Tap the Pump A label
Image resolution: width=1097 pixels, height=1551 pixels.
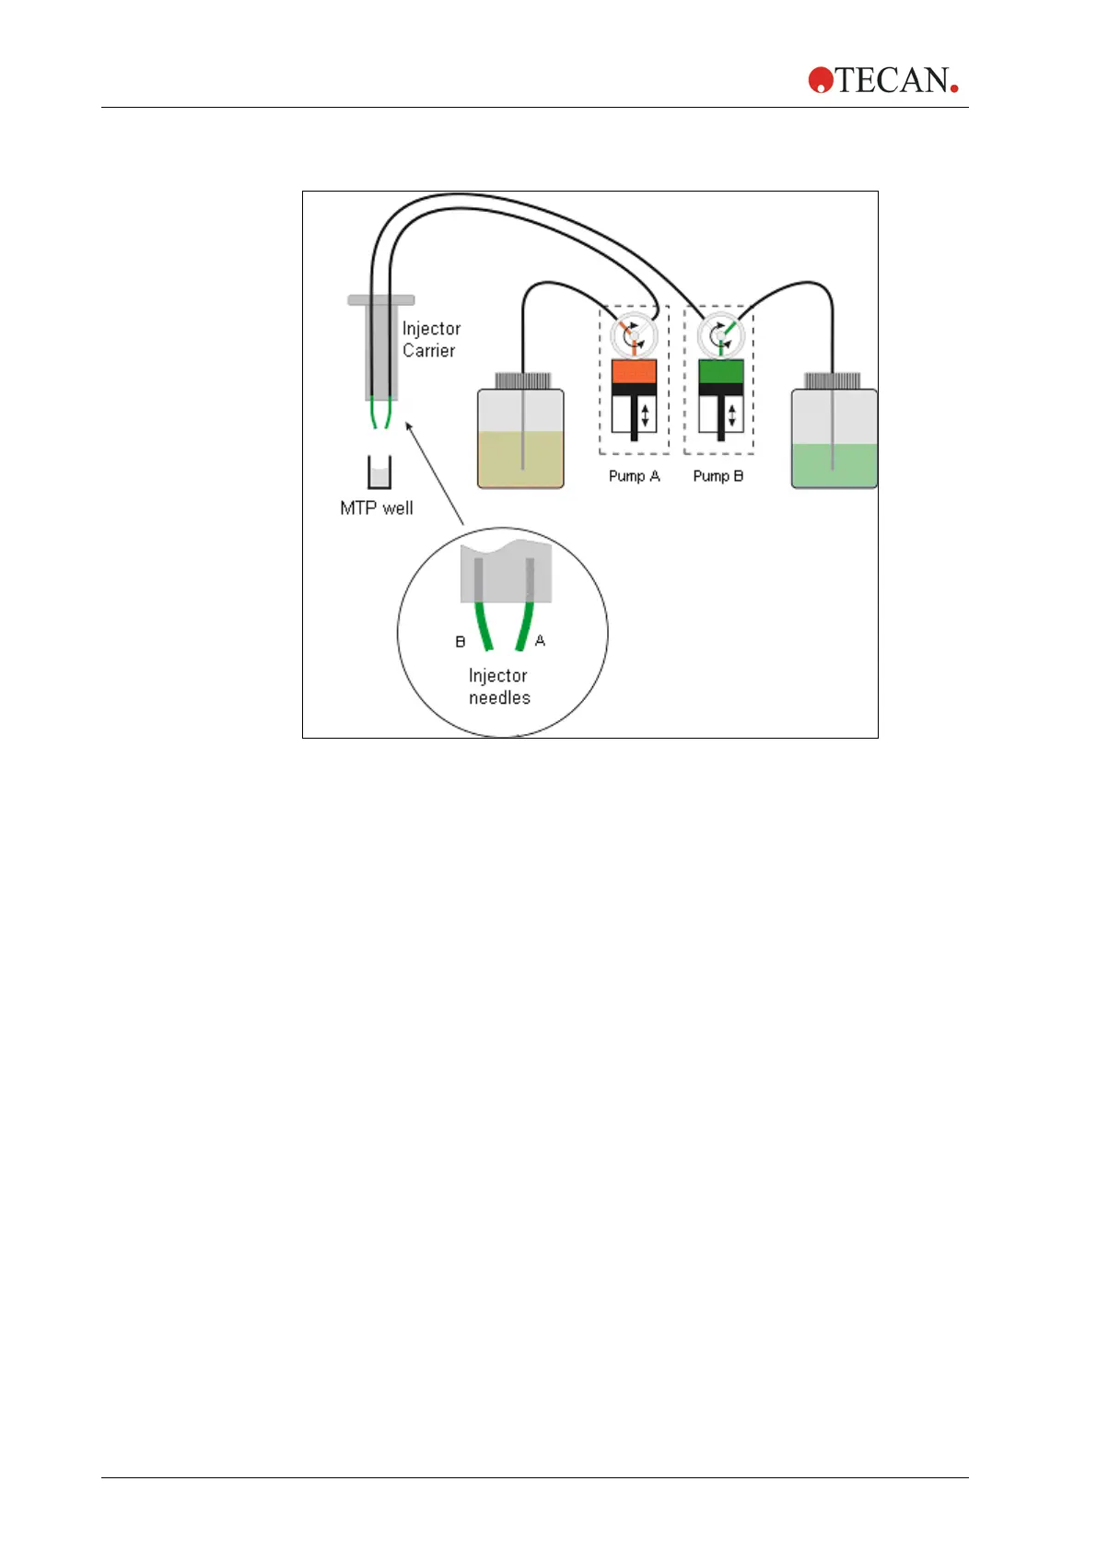coord(634,476)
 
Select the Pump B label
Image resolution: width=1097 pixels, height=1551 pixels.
coord(718,476)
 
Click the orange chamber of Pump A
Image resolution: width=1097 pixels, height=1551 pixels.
coord(634,371)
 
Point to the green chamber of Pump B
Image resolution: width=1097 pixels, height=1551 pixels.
coord(720,371)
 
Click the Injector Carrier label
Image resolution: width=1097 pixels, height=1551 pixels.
coord(430,339)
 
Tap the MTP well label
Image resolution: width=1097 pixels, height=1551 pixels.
coord(376,507)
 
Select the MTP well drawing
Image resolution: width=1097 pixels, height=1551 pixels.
coord(379,472)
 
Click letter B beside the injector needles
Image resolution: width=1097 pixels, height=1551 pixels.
coord(461,641)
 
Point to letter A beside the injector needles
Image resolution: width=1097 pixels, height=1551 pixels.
coord(540,640)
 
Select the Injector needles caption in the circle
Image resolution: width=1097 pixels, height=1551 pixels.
coord(498,687)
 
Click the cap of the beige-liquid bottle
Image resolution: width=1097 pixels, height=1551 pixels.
coord(522,379)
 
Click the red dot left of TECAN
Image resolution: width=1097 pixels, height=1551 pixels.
coord(820,80)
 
